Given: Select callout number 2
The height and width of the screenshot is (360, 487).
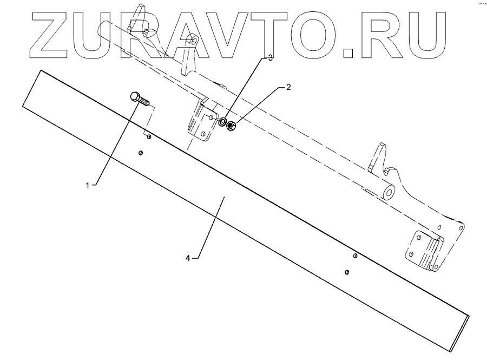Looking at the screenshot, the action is [288, 87].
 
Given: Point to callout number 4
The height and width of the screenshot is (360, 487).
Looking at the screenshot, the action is [188, 258].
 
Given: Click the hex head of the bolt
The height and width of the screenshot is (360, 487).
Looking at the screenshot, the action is [136, 97].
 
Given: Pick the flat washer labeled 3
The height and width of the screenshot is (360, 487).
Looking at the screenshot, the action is [222, 122].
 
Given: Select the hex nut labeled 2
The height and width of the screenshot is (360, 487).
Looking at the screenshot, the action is [231, 126].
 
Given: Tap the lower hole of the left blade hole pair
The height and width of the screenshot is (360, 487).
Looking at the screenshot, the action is [140, 153].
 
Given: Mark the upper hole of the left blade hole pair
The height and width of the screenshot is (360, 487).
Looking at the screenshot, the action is [149, 137].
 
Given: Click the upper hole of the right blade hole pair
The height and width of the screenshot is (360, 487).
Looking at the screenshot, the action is [355, 256].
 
